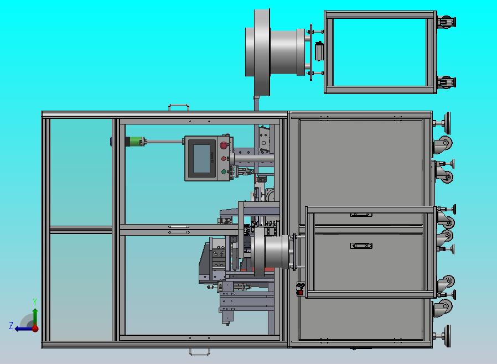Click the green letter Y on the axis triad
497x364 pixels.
(x=35, y=301)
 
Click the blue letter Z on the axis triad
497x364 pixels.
(x=11, y=325)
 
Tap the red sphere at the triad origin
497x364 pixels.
(x=35, y=329)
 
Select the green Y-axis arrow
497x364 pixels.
(x=35, y=317)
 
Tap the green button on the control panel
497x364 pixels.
(x=224, y=172)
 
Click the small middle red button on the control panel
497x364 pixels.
(x=224, y=158)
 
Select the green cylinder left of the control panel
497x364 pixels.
(x=134, y=141)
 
